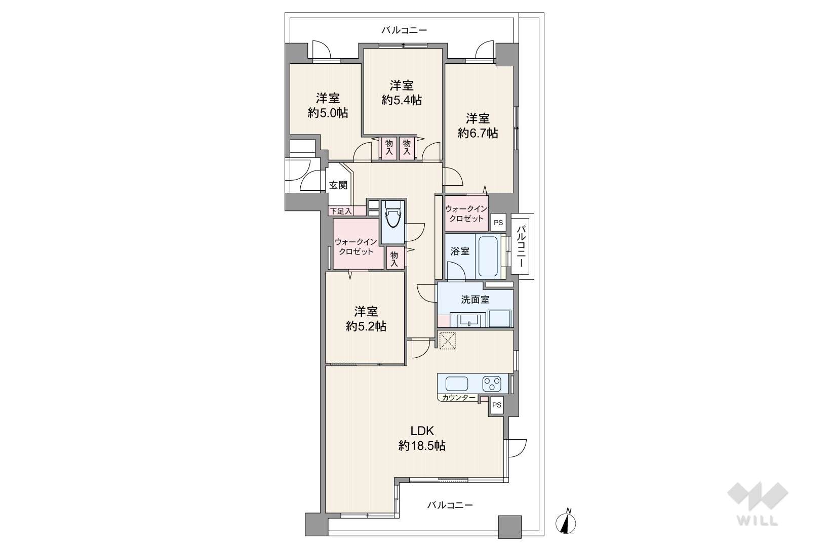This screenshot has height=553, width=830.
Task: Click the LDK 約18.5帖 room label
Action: pos(422,438)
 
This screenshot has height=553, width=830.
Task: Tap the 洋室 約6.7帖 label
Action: pos(478,126)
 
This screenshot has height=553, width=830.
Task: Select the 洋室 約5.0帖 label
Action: pos(328,106)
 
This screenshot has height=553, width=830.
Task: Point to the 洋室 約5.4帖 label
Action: pos(402,93)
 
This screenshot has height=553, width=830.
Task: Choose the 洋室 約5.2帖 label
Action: pos(366,319)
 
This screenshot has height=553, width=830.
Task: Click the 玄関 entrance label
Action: pos(338,185)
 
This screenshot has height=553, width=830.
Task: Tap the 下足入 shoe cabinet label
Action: pos(340,211)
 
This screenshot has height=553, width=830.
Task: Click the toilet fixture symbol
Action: pos(393,219)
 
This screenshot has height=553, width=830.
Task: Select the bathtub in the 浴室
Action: pos(488,256)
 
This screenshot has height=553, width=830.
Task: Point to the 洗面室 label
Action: pos(475,300)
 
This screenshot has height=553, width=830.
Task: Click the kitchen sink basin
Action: pos(457,384)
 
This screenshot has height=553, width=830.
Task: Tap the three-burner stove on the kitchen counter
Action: pos(492,384)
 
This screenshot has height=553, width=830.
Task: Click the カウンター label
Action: pos(459,398)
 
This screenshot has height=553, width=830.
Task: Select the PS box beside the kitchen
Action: pos(497,405)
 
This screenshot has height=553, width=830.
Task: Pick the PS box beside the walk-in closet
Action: pos(499,223)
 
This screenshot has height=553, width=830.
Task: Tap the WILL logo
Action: pos(758,503)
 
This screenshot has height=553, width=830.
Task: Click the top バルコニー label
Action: pos(404,30)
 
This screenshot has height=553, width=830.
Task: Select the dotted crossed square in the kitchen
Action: pos(447,341)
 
